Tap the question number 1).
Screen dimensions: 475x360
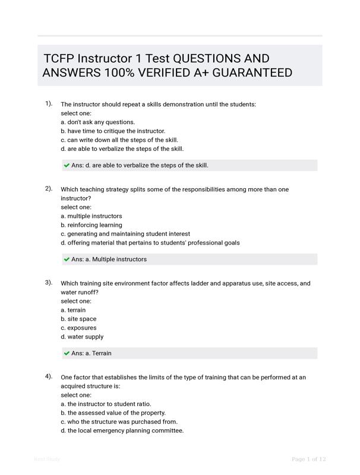[49, 103]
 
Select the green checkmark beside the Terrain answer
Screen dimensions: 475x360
[67, 353]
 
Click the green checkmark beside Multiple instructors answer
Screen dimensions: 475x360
[67, 259]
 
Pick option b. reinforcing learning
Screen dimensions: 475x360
[91, 225]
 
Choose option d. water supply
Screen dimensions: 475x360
[82, 337]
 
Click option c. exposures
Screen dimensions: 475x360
[78, 328]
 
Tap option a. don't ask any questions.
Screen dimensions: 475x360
[97, 122]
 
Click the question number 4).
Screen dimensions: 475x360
[49, 376]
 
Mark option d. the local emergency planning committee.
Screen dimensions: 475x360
[122, 430]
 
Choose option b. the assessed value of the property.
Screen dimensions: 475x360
[113, 413]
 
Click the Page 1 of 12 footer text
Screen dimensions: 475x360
[309, 459]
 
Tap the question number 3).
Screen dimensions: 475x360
[49, 282]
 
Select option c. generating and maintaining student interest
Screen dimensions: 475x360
[125, 234]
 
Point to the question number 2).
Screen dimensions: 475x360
[49, 188]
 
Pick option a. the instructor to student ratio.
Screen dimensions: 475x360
[106, 404]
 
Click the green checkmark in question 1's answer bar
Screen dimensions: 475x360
[67, 166]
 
